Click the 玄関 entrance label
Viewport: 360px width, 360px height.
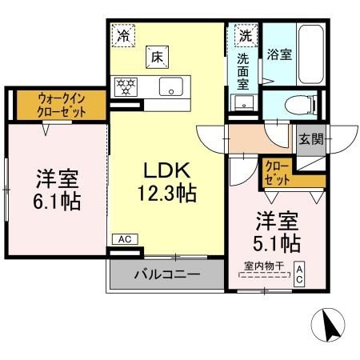(311, 138)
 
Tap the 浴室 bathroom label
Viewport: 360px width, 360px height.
(280, 56)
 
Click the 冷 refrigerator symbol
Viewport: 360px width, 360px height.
(123, 34)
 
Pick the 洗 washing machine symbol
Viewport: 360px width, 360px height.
(245, 35)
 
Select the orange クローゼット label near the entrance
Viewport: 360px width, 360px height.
(275, 172)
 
